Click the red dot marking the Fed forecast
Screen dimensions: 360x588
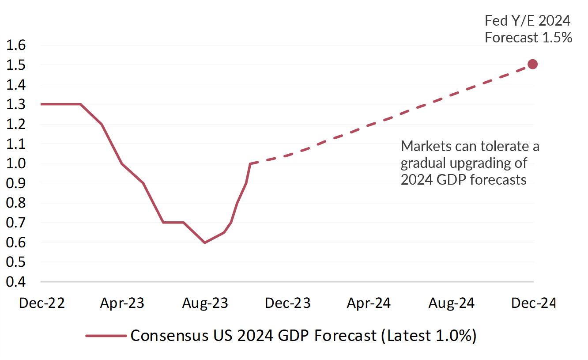(532, 64)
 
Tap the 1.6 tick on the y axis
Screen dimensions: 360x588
(16, 45)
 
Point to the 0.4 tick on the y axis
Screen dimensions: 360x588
(16, 282)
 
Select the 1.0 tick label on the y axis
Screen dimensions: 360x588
(16, 163)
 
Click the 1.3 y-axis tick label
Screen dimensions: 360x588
(16, 105)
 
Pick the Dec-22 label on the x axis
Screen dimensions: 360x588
(41, 303)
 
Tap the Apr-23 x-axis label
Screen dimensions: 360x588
(122, 303)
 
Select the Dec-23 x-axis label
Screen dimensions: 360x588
(288, 303)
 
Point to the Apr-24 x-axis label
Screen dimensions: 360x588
(369, 303)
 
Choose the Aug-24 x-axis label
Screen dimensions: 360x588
(452, 303)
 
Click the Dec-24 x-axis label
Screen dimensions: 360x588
(533, 303)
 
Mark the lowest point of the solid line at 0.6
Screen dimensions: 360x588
(204, 243)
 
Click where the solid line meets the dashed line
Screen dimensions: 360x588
(250, 164)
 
